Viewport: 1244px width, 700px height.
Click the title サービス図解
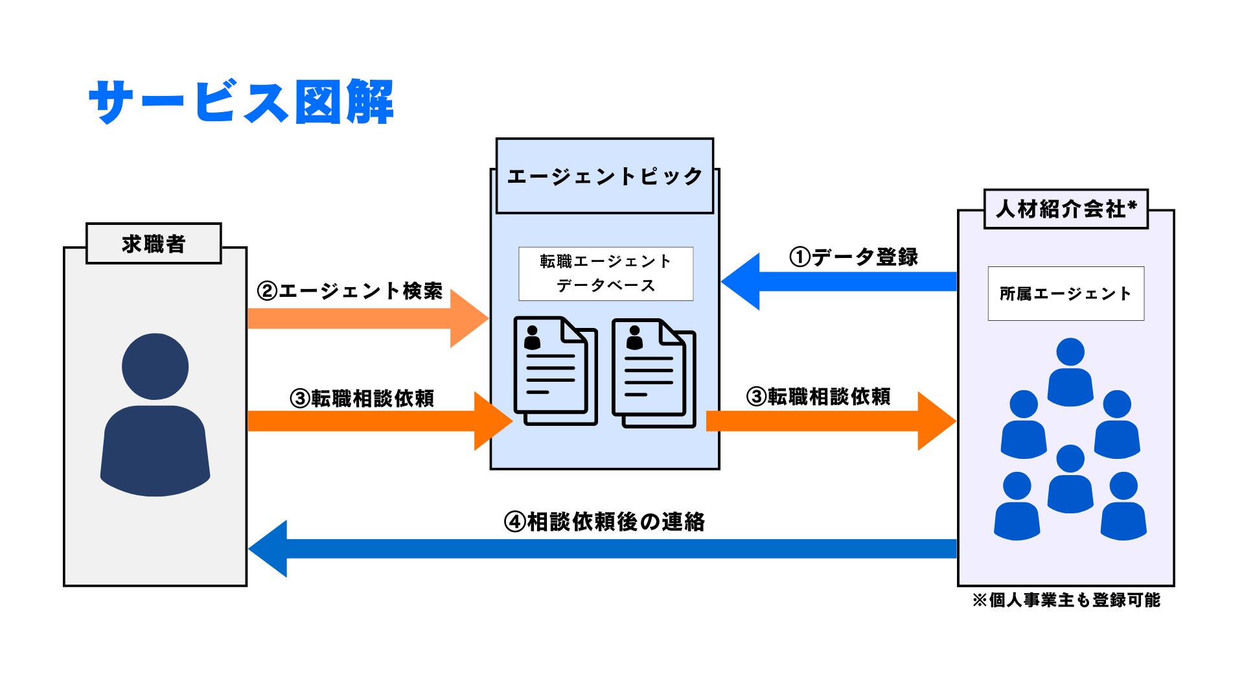point(241,102)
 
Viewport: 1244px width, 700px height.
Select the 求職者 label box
point(154,244)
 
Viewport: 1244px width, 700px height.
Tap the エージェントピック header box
point(605,176)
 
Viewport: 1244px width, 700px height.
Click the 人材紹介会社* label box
point(1066,209)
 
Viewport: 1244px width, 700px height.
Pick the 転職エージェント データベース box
point(606,274)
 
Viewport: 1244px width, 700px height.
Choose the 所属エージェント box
point(1066,294)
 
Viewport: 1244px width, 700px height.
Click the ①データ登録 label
point(853,257)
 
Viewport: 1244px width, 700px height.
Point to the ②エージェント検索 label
point(350,291)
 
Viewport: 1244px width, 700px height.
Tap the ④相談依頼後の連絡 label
point(605,522)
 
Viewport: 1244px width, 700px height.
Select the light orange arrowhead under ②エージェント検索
point(468,318)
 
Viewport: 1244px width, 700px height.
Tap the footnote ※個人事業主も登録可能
point(1066,600)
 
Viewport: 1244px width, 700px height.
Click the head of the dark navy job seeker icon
point(155,366)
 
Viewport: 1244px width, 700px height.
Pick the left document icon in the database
point(555,371)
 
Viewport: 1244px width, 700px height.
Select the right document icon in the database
point(654,373)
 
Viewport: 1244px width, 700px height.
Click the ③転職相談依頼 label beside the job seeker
point(362,399)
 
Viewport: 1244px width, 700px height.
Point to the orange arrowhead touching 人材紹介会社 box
point(936,421)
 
